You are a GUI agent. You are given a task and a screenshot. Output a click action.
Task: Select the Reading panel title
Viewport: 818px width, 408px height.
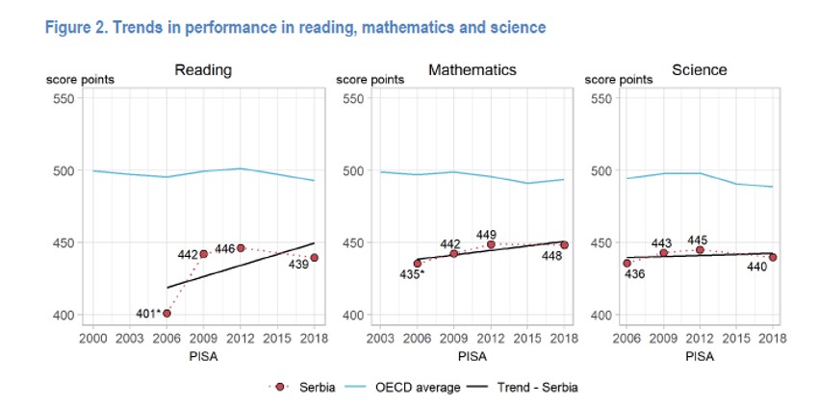click(202, 70)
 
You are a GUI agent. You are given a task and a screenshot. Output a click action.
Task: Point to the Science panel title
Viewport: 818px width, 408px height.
click(699, 70)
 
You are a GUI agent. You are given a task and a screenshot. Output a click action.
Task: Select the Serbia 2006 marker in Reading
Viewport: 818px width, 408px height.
click(166, 313)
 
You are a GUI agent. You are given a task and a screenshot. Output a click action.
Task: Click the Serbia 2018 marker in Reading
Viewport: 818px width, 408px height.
click(315, 258)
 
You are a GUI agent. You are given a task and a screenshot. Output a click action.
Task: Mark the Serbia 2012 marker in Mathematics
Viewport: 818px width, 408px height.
click(491, 243)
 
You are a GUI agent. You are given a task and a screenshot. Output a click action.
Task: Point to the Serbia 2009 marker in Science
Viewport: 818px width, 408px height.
click(663, 252)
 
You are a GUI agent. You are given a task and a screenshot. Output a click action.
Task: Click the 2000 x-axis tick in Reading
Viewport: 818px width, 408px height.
click(92, 339)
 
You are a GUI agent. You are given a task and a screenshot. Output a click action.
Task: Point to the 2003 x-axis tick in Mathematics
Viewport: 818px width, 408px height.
click(380, 339)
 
